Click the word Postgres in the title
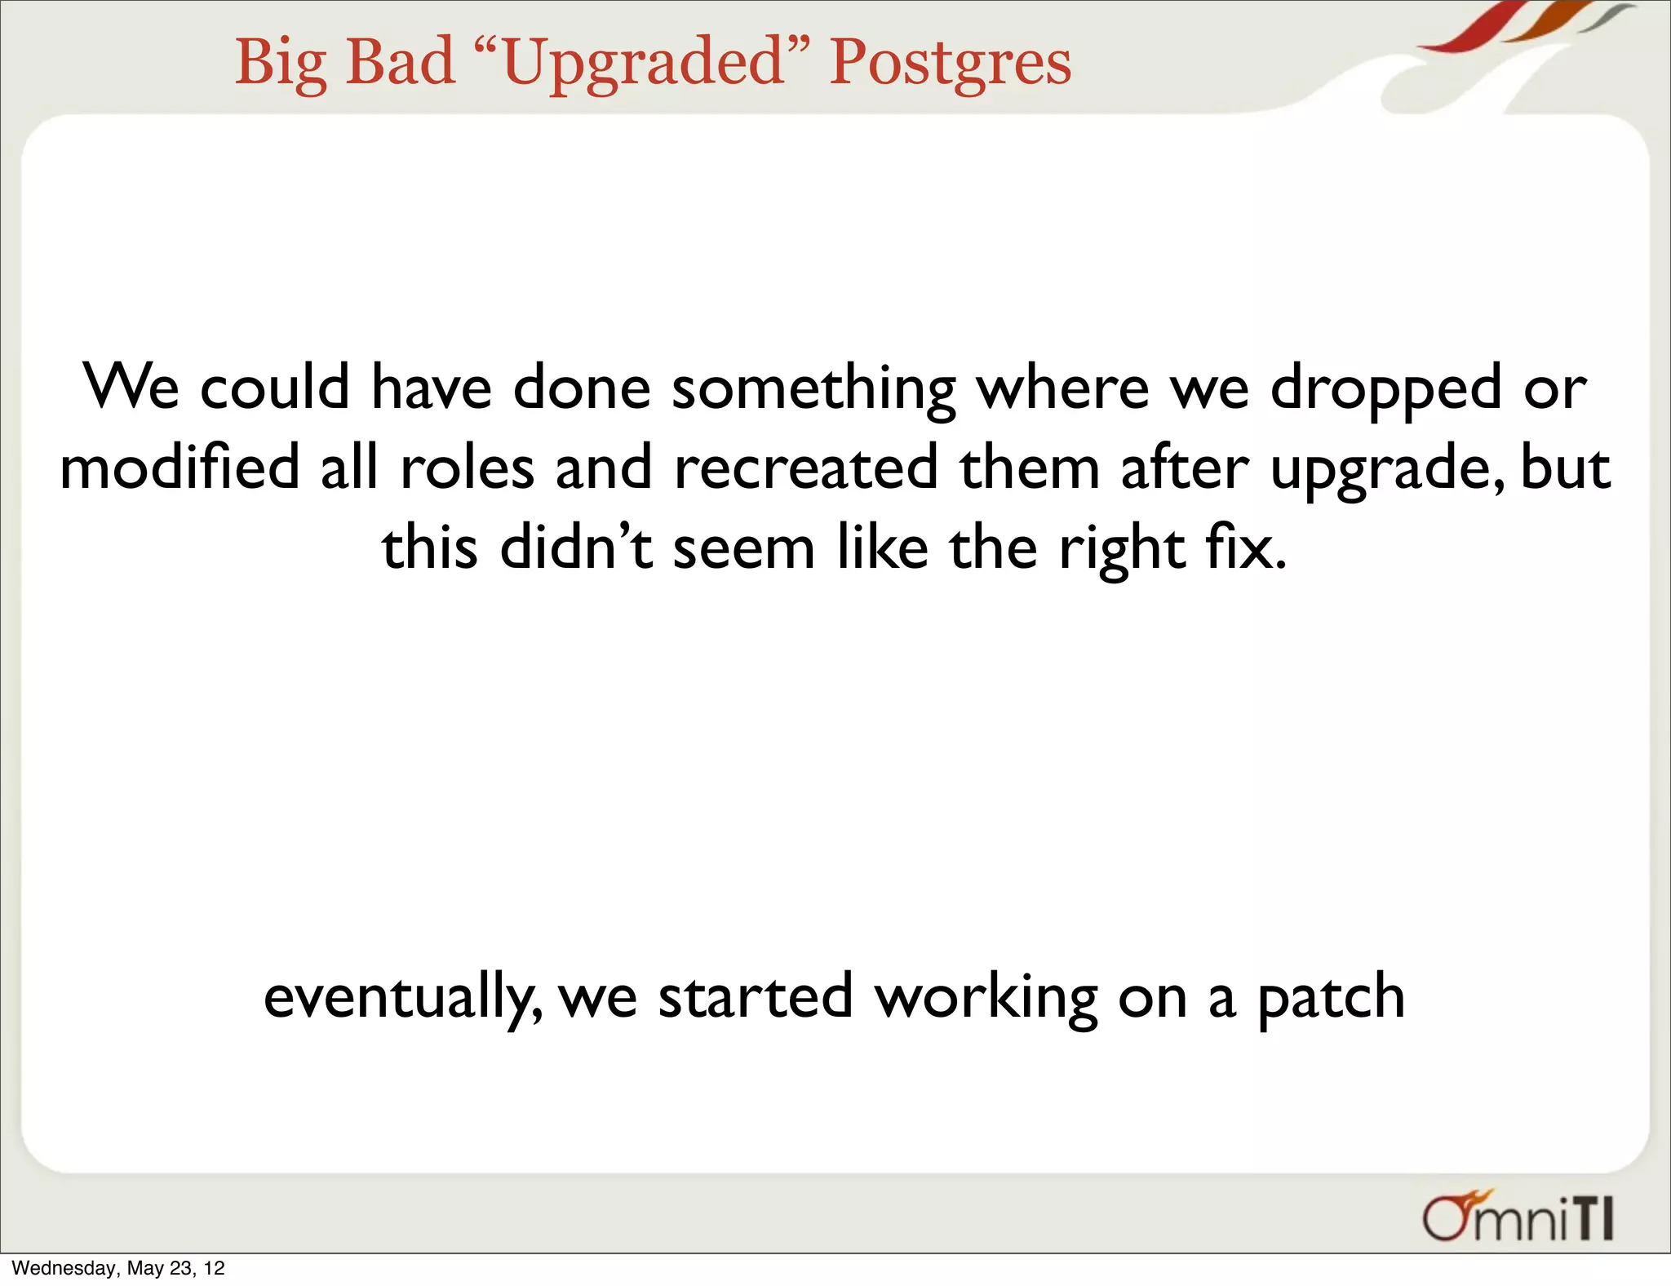950,64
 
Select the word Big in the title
280,64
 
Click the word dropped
1385,388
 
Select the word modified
180,468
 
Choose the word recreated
806,468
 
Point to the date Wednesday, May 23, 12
118,1268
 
